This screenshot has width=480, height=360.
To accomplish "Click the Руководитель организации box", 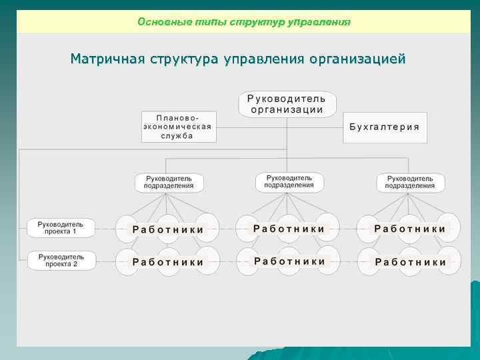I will [x=287, y=104].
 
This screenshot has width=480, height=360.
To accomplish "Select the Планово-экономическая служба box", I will [x=179, y=126].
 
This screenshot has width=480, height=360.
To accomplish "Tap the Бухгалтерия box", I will [x=385, y=127].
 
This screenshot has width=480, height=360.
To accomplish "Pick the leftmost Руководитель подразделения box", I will [x=169, y=183].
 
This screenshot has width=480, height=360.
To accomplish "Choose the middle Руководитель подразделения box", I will [x=289, y=182].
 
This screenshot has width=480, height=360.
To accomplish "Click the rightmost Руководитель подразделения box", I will [x=410, y=183].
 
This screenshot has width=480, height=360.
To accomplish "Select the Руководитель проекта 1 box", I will [x=61, y=227].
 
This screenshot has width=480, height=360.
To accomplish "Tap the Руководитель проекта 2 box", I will [x=61, y=260].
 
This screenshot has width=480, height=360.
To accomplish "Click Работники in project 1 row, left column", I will [x=168, y=229].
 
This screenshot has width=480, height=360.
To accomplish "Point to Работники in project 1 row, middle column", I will [x=289, y=229].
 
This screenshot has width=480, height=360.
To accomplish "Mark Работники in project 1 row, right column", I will [x=410, y=229].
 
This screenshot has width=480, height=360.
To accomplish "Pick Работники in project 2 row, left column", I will [x=168, y=262].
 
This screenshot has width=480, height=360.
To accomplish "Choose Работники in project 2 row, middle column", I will [x=289, y=261].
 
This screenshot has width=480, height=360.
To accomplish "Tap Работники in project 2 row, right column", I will [x=410, y=262].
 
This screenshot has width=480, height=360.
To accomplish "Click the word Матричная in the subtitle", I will [x=104, y=59].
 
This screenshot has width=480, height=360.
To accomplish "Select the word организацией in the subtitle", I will [x=357, y=59].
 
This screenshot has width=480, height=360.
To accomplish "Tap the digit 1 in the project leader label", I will [x=74, y=231].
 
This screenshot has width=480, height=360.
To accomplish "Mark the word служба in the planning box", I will [x=177, y=135].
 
